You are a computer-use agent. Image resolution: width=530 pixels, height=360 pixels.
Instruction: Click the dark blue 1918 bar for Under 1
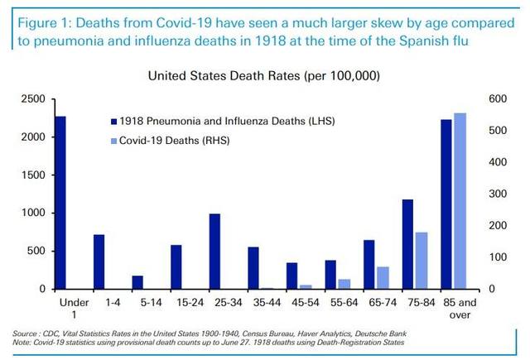click(60, 203)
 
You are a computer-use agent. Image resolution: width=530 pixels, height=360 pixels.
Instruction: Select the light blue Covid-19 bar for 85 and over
click(460, 201)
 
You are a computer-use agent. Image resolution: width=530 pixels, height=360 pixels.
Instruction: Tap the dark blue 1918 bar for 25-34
click(214, 252)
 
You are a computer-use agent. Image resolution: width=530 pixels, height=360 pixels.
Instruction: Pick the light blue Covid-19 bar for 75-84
click(422, 261)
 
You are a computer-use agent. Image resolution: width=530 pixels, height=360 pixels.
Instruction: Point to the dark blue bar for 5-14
click(137, 283)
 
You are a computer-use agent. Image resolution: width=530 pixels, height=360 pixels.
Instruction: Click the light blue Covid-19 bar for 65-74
click(383, 278)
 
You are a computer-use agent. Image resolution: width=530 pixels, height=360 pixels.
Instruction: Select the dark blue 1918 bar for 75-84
click(407, 244)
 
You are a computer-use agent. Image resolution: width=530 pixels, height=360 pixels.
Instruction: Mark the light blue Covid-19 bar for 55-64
click(344, 285)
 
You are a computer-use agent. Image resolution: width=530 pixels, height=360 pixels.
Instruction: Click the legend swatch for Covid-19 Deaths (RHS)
click(114, 141)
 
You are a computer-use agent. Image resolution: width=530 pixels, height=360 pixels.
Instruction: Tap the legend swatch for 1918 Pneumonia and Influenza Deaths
click(114, 122)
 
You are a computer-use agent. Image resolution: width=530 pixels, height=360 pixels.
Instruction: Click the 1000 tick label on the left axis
click(33, 213)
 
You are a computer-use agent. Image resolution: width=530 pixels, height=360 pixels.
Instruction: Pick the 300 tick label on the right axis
click(498, 194)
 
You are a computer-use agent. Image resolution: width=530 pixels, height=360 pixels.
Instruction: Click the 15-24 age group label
click(190, 302)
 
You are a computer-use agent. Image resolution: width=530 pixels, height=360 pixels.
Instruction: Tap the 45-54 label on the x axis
click(306, 302)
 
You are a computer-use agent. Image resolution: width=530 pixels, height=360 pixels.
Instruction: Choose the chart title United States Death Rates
click(263, 75)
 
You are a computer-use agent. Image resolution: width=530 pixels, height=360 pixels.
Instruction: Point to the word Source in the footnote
click(24, 334)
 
